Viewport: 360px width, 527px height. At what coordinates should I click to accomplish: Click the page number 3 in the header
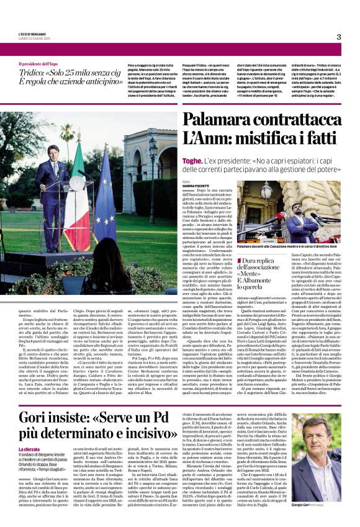pos(339,37)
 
